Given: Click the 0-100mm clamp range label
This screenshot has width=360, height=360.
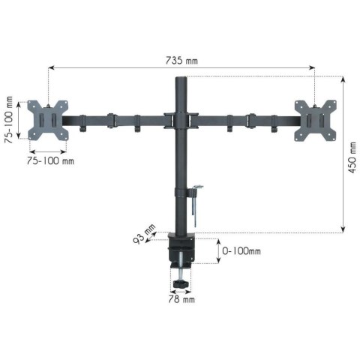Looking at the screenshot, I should [x=242, y=252].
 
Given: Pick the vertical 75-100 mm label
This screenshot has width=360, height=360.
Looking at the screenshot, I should [x=10, y=120].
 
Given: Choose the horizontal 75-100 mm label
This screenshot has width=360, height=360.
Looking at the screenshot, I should [x=50, y=160].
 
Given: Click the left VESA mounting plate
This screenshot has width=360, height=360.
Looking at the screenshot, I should [x=46, y=120].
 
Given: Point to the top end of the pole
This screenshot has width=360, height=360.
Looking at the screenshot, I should [x=180, y=78].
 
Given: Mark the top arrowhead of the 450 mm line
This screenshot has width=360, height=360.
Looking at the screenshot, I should [x=343, y=77].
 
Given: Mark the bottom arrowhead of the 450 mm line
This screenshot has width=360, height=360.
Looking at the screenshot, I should [x=343, y=230].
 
